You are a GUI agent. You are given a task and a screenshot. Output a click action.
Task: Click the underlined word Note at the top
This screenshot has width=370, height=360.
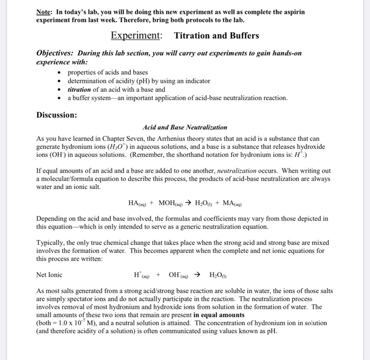coord(45,12)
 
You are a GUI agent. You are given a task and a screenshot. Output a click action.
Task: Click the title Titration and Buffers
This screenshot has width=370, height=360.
coord(217,35)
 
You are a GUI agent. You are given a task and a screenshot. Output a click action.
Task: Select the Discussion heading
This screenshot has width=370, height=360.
coord(57,115)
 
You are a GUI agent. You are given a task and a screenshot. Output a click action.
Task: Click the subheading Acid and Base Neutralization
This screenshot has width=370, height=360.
coord(185,127)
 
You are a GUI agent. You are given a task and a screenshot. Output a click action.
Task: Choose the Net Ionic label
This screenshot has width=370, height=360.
coord(49,274)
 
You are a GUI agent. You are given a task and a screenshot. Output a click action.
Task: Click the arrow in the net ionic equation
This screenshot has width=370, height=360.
coord(197,274)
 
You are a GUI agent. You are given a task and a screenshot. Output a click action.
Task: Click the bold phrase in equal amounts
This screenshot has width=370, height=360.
coord(220,315)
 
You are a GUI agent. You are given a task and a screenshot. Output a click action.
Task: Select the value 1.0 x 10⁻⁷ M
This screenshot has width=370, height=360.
coord(80,323)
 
